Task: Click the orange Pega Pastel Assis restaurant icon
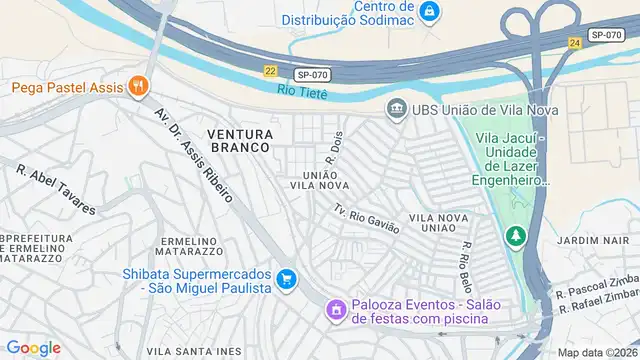point(139,88)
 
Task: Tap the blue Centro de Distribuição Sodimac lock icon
point(429,12)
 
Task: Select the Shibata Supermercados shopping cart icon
point(287,279)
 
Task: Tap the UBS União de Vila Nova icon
point(396,108)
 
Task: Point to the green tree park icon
point(515,236)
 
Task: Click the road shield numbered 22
point(271,71)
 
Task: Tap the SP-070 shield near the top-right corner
point(606,34)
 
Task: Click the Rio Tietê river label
point(303,92)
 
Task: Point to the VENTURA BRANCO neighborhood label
point(239,139)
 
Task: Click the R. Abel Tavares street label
point(56,189)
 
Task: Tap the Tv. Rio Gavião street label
point(367,218)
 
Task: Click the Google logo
point(33,347)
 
